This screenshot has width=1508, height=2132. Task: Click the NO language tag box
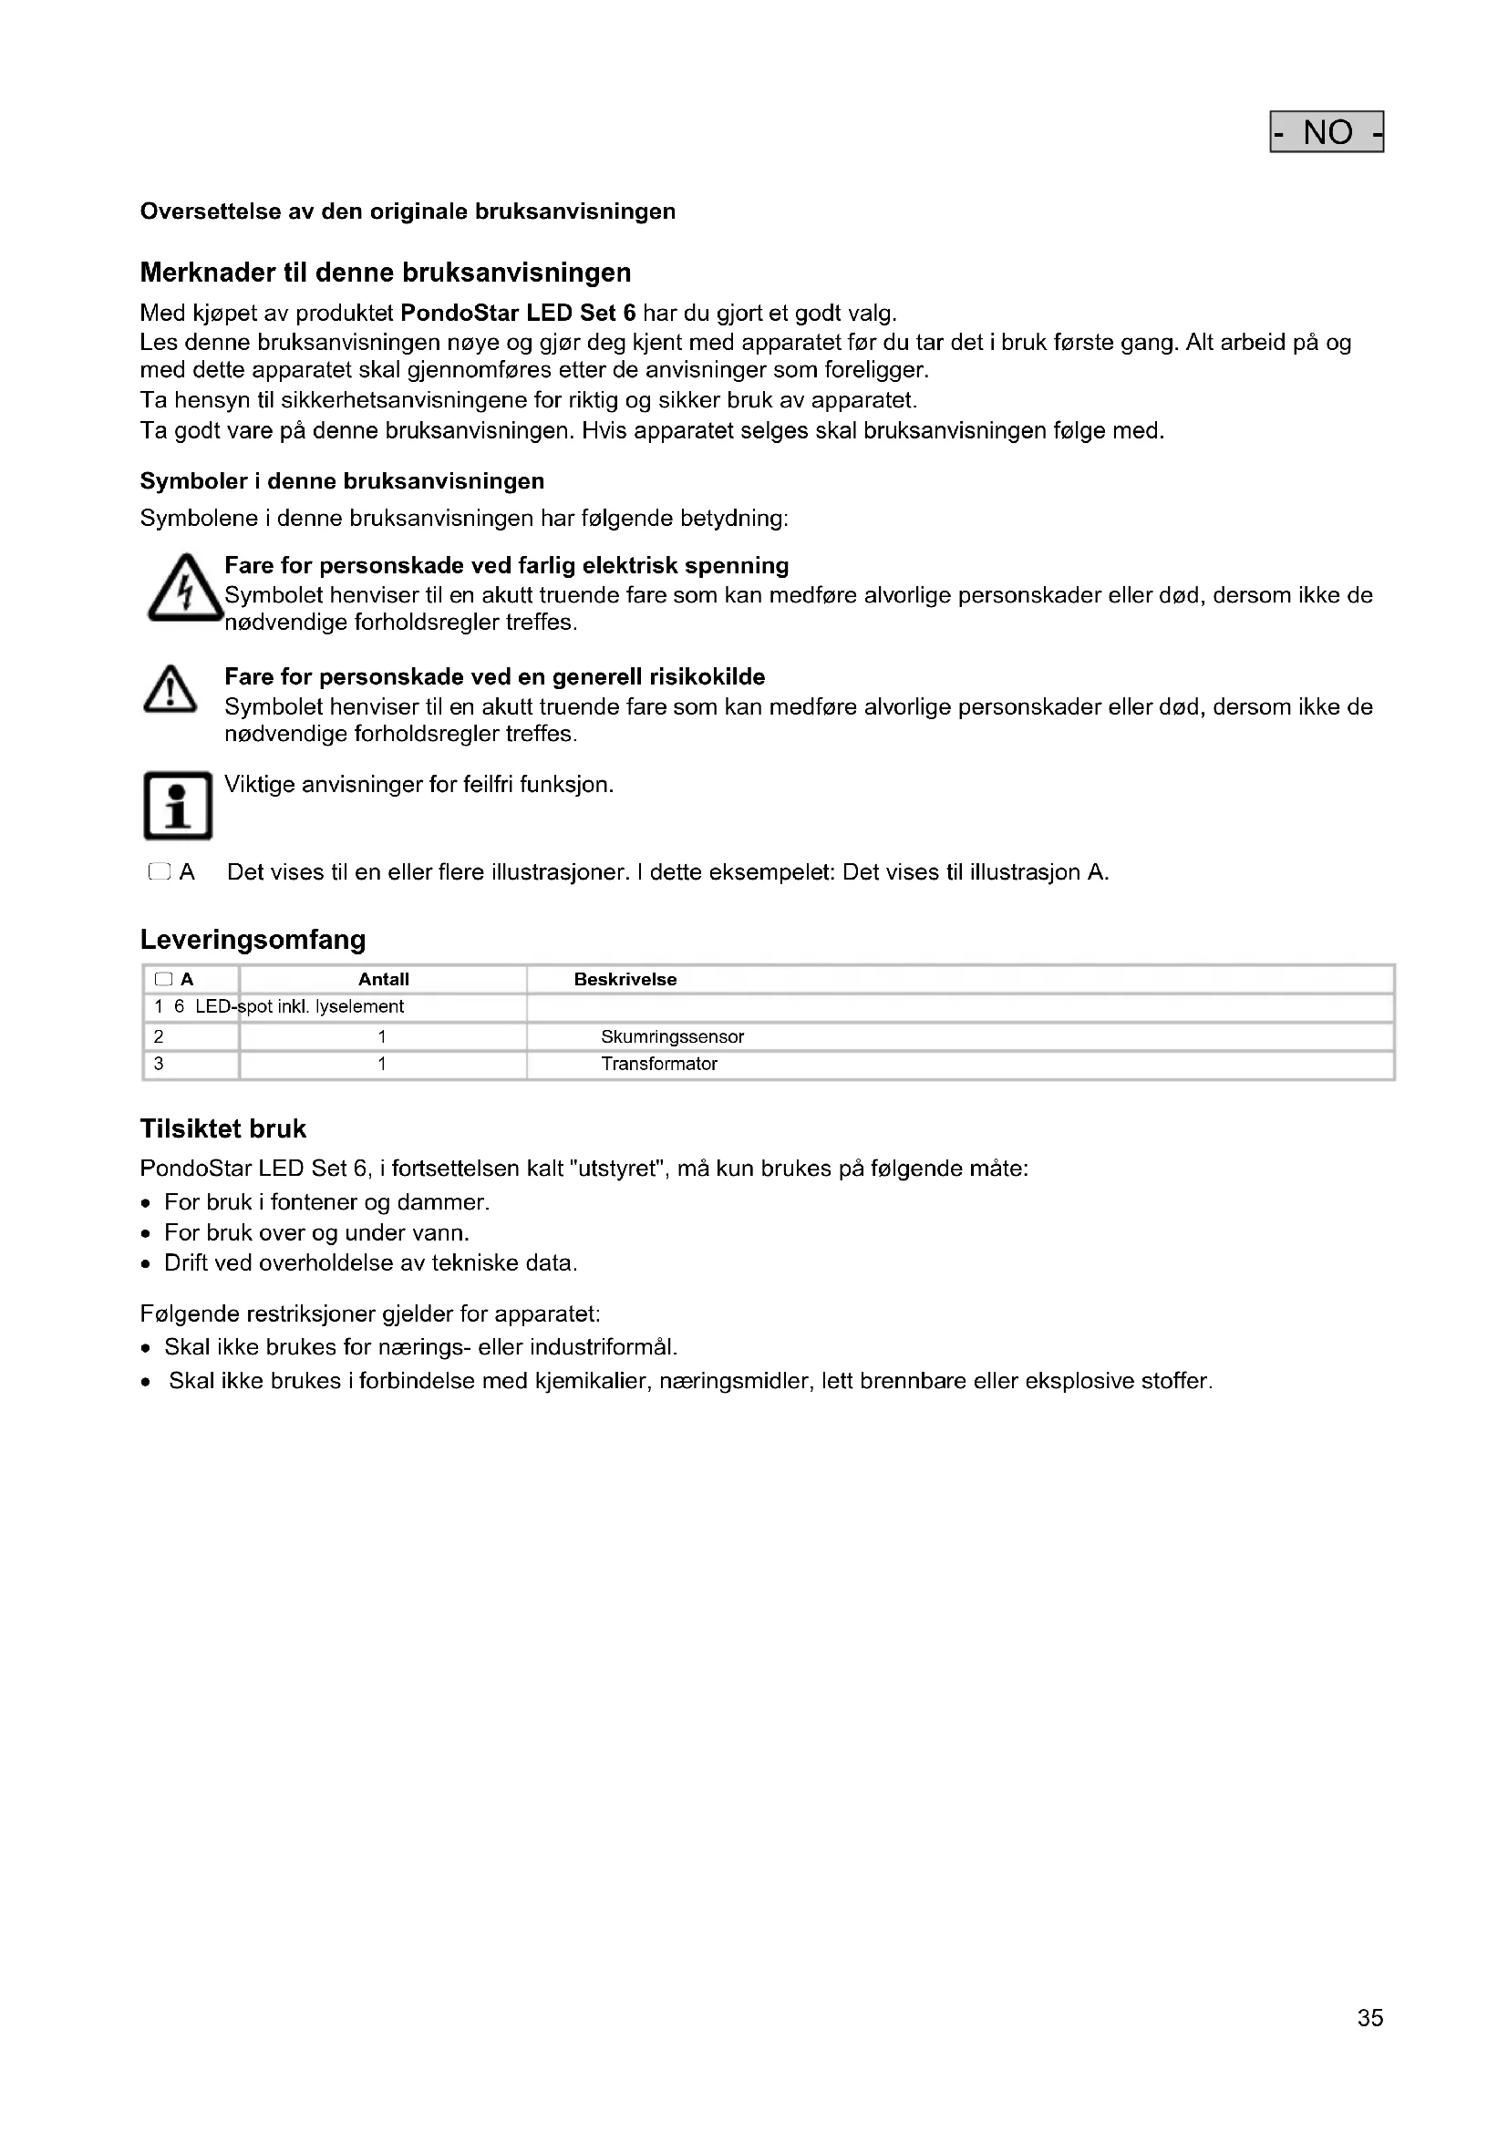[x=1326, y=132]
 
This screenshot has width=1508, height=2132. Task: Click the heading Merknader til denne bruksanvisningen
[x=386, y=273]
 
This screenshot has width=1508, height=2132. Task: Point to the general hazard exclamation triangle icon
[x=170, y=691]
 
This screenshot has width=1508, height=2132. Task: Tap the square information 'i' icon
[x=178, y=805]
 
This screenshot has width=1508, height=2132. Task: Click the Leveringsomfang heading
[x=253, y=940]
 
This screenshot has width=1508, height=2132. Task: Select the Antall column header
[x=384, y=980]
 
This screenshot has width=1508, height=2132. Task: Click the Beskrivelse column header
[x=625, y=980]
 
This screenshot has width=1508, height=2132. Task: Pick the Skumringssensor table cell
[x=672, y=1037]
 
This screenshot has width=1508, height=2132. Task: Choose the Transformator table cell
[x=659, y=1064]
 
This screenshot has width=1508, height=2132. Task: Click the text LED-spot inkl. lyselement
[x=299, y=1007]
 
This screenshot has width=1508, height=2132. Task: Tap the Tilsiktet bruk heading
[x=222, y=1129]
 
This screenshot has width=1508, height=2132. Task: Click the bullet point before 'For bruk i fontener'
[x=146, y=1204]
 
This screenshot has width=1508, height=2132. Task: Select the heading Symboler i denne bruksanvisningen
[x=342, y=481]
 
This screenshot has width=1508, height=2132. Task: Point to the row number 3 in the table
[x=159, y=1064]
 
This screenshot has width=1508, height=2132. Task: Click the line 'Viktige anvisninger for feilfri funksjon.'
[x=418, y=785]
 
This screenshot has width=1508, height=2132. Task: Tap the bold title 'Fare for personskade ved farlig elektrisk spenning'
[x=506, y=565]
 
